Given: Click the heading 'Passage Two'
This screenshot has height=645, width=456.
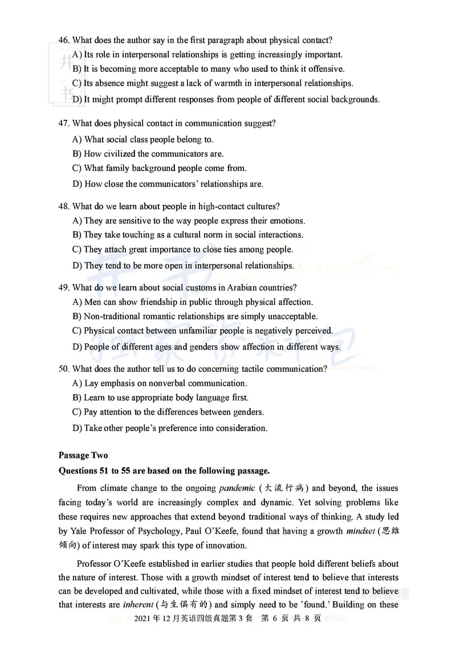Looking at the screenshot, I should tap(83, 455).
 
